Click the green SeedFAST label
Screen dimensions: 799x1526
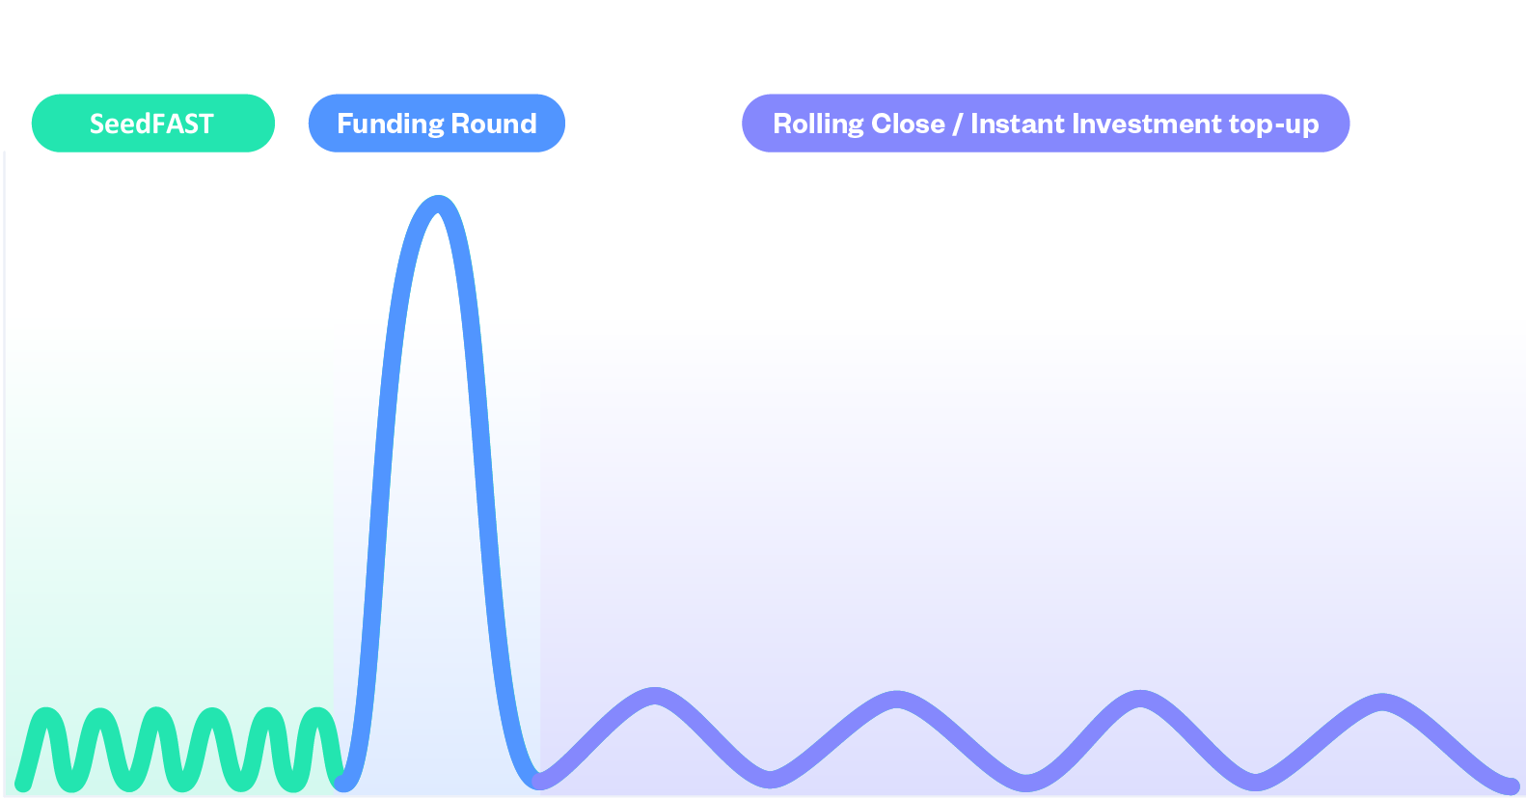(x=152, y=124)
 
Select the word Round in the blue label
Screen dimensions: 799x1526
(x=494, y=124)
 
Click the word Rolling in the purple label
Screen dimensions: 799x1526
(x=818, y=124)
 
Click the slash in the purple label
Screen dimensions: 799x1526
(x=958, y=124)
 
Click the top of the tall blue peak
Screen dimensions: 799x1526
(x=439, y=204)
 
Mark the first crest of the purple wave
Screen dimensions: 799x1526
(x=656, y=696)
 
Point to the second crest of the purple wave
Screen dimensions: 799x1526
(x=898, y=699)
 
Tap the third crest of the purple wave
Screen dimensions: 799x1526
(x=1141, y=698)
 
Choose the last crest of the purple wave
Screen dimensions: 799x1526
(x=1383, y=701)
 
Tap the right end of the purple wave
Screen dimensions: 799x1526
(x=1512, y=785)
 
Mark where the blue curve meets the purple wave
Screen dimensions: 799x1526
(x=538, y=780)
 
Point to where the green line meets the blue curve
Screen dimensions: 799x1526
(x=342, y=780)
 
